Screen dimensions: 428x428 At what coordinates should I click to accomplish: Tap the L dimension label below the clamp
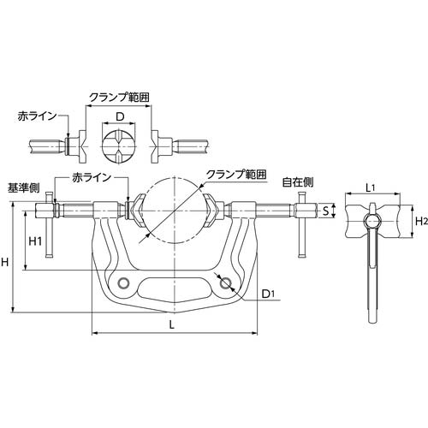click(x=173, y=325)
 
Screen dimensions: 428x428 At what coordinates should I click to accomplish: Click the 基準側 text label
click(x=23, y=186)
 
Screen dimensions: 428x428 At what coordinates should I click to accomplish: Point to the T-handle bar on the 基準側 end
click(x=51, y=227)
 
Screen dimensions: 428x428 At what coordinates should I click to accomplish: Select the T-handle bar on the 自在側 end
click(x=301, y=227)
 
